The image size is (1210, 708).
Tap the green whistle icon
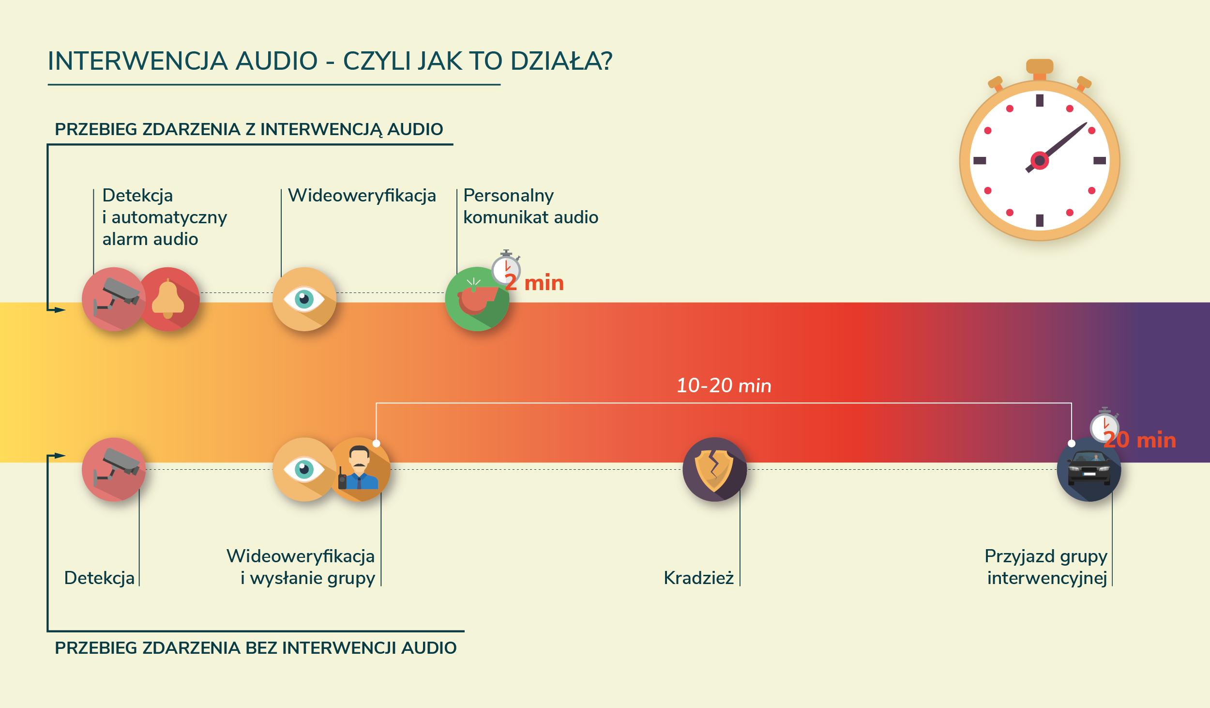[477, 299]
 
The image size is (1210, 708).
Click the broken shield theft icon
[714, 469]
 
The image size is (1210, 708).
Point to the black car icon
[1089, 469]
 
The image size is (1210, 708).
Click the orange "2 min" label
[534, 283]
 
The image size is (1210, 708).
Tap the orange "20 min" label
[1140, 440]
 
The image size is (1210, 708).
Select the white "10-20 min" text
[724, 385]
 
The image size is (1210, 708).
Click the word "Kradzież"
[698, 578]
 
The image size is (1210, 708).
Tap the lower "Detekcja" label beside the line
[99, 578]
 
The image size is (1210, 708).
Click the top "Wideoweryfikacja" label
[362, 195]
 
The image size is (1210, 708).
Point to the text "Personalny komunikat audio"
[531, 206]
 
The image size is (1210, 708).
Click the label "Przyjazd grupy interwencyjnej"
[1046, 567]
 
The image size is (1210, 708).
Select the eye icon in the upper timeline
[304, 299]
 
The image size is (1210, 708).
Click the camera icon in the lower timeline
[114, 469]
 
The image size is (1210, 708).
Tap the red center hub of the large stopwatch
[1040, 161]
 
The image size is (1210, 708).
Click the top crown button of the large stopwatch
[1040, 67]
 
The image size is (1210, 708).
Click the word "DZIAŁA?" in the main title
[561, 61]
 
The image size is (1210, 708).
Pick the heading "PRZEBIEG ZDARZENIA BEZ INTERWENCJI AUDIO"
[256, 648]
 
